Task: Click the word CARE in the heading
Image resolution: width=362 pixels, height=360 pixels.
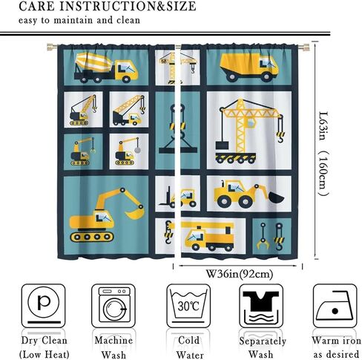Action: (x=36, y=6)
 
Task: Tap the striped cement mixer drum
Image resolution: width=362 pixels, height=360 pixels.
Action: (x=93, y=62)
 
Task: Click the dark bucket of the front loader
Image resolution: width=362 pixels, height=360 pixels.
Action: (x=276, y=197)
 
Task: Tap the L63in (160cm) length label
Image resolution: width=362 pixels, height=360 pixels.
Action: (x=323, y=154)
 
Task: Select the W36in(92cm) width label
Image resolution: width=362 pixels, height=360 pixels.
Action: (x=240, y=274)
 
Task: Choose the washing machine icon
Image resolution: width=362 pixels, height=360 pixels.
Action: (x=113, y=306)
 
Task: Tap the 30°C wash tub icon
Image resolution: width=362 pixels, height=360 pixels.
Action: (x=188, y=306)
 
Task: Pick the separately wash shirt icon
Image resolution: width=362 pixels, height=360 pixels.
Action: (x=261, y=306)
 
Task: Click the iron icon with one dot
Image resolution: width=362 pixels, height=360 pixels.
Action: (x=335, y=306)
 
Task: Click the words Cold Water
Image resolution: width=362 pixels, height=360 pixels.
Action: (x=189, y=347)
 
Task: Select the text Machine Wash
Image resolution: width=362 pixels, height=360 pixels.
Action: (x=113, y=347)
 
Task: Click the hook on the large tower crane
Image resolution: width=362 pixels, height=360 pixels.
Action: (x=280, y=137)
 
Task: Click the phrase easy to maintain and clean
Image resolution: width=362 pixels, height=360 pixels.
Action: (x=79, y=20)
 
